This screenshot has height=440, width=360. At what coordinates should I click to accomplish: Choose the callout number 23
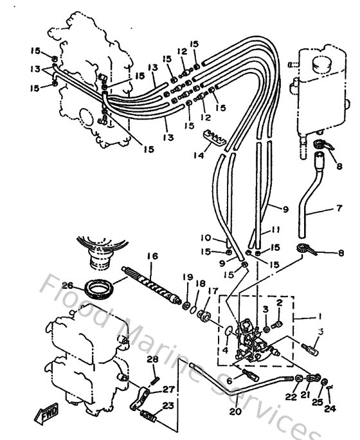click(168, 406)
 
